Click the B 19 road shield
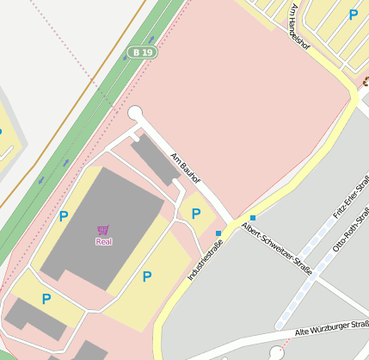[142, 53]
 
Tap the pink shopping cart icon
[103, 230]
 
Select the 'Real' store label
[103, 242]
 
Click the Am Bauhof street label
[185, 169]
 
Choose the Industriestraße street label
[205, 262]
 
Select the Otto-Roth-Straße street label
[351, 231]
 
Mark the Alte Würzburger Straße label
[331, 328]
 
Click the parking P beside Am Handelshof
[353, 15]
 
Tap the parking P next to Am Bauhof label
[196, 214]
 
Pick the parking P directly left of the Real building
[63, 216]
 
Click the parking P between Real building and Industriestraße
[147, 276]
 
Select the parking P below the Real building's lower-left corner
[46, 299]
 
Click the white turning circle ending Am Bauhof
[134, 113]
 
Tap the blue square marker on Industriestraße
[218, 233]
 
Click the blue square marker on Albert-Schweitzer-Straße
[252, 217]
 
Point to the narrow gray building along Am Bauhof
[155, 159]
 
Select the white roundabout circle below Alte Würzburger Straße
[276, 352]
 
